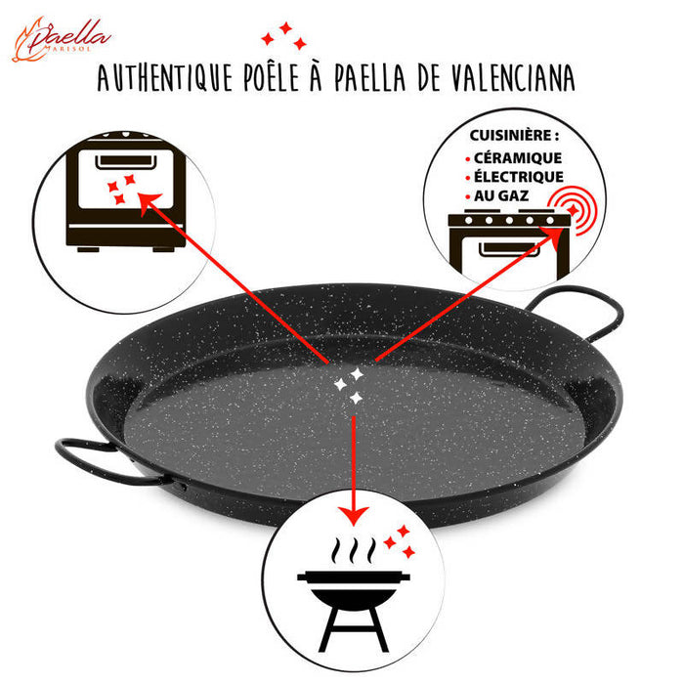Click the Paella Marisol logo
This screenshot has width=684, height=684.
click(x=61, y=40)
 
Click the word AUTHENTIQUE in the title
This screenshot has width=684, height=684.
click(x=164, y=77)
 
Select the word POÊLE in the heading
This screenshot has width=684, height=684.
click(x=271, y=77)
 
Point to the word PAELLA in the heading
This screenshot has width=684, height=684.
click(x=370, y=77)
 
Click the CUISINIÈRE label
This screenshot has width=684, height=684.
click(x=514, y=136)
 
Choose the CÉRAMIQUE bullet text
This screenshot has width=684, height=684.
click(x=518, y=158)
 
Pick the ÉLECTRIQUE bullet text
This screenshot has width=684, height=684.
click(x=519, y=177)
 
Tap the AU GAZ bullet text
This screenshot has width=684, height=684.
click(x=501, y=196)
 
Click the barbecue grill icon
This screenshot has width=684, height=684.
click(x=354, y=607)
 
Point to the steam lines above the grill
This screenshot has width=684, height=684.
click(x=354, y=550)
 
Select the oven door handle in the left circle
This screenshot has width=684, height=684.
click(x=126, y=161)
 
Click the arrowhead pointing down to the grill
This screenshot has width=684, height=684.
click(x=354, y=516)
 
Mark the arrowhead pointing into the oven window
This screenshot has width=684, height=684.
click(x=149, y=202)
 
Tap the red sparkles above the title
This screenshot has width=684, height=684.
click(x=284, y=36)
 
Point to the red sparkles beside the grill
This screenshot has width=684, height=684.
click(x=400, y=541)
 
